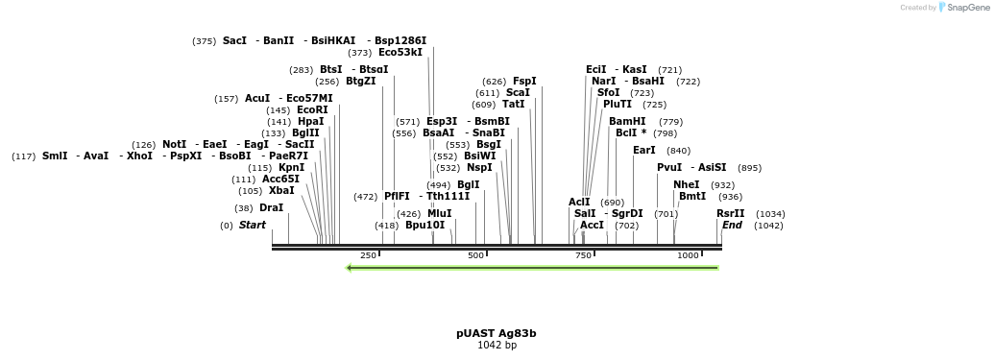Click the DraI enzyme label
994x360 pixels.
[x=272, y=208]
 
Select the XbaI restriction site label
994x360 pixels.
[x=281, y=191]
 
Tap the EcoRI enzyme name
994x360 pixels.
[x=312, y=110]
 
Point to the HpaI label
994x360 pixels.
[x=311, y=122]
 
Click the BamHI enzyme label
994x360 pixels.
[x=627, y=122]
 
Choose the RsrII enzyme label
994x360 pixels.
[x=730, y=214]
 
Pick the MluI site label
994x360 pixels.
[x=439, y=214]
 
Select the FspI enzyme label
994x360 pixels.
[x=524, y=82]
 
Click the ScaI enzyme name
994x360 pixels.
[x=518, y=93]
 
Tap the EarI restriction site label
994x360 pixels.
[x=644, y=151]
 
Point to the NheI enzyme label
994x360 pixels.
[x=687, y=185]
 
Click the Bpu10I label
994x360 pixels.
[x=424, y=226]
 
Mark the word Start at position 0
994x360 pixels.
[x=252, y=226]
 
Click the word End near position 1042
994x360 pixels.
[x=732, y=226]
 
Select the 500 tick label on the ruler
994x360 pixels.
[x=475, y=255]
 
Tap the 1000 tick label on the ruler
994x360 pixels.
[x=688, y=255]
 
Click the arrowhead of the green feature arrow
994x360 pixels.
[x=350, y=268]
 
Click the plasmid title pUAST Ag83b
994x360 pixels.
[x=497, y=334]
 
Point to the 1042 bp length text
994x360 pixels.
[x=497, y=346]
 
